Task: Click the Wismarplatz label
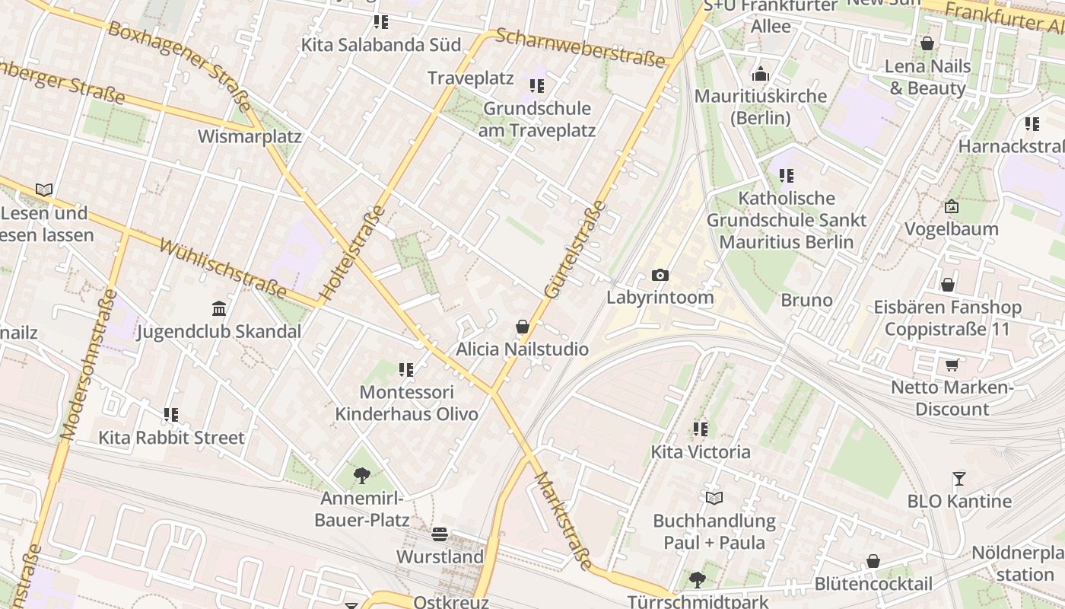(x=250, y=137)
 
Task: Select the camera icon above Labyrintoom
(x=660, y=275)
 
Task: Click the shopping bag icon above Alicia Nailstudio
(x=523, y=327)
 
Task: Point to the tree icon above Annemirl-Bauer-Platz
(x=362, y=477)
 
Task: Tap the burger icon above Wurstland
(x=440, y=534)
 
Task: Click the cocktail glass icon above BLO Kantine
(x=959, y=479)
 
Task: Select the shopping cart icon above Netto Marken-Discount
(x=952, y=365)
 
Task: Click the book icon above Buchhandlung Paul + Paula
(x=714, y=499)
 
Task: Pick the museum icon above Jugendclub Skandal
(x=219, y=309)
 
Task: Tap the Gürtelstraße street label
(x=576, y=249)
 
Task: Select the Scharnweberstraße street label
(x=580, y=48)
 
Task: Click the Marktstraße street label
(x=563, y=521)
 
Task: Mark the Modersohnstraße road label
(x=90, y=365)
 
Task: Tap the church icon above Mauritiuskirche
(x=760, y=75)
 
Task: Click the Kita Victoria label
(x=701, y=452)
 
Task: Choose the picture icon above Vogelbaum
(x=951, y=206)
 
